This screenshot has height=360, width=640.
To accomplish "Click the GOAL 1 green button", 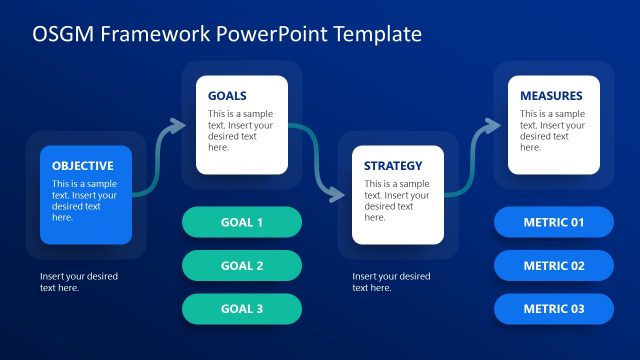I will coord(242,222).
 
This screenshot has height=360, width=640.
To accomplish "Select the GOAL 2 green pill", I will coord(242,266).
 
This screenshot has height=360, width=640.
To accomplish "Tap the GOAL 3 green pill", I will coord(242,309).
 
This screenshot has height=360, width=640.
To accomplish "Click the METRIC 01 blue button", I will coord(554,222).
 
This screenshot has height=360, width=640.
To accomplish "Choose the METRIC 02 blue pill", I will coord(554,266).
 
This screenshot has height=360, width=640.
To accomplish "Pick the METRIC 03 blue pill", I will coord(554,309).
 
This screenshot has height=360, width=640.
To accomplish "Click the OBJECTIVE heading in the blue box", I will coord(83,166).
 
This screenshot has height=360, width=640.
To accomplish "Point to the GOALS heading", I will coord(228,96).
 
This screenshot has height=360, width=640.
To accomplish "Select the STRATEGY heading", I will coord(393,166).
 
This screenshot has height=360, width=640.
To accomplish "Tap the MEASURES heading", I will coord(551,96).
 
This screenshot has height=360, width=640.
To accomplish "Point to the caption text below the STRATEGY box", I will coord(391,282).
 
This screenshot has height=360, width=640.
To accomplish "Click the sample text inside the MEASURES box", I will coord(552,130).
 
